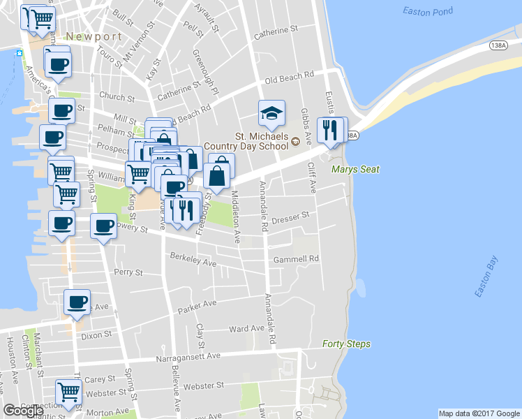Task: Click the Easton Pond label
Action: (428, 11)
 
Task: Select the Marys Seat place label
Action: (355, 170)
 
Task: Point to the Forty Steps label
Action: (346, 344)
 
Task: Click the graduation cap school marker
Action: (272, 113)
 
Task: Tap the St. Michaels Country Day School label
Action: (261, 141)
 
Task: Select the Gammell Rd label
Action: (297, 258)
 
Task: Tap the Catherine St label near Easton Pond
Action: (276, 31)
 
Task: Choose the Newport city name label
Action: (94, 36)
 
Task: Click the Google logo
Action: (23, 411)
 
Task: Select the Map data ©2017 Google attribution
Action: (479, 413)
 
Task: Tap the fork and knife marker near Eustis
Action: (329, 130)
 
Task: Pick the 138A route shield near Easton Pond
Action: (498, 45)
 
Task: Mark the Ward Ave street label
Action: (246, 328)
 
